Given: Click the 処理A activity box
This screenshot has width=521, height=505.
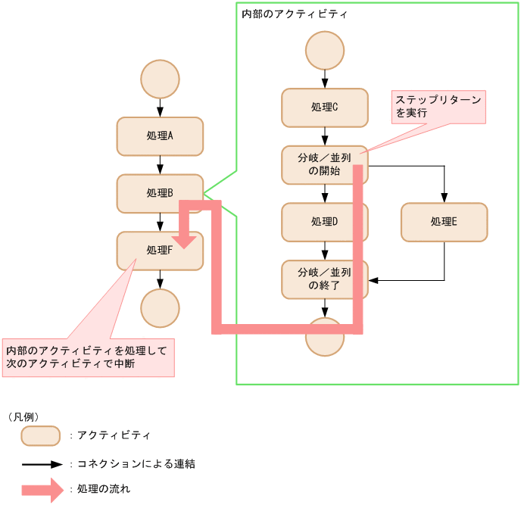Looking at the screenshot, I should coord(160,136).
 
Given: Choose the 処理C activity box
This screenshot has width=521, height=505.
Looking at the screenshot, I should coord(325,108).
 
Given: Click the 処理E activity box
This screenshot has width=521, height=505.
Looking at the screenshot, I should coord(444,222).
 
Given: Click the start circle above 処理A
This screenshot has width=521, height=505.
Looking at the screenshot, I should coord(160,79).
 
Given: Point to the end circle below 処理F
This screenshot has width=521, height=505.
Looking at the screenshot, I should coord(160,307).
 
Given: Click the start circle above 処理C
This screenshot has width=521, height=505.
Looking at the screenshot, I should coord(325,51).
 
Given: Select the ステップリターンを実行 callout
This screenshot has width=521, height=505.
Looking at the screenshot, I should coord(438,107).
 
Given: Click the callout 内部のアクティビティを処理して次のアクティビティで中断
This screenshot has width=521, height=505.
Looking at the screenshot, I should coord(89,357).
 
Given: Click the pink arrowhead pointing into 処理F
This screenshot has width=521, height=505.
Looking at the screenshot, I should coord(186,241).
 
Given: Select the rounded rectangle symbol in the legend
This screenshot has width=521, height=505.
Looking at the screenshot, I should coord(40,436).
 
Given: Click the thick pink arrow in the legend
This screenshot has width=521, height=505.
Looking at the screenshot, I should coord(42,489).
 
